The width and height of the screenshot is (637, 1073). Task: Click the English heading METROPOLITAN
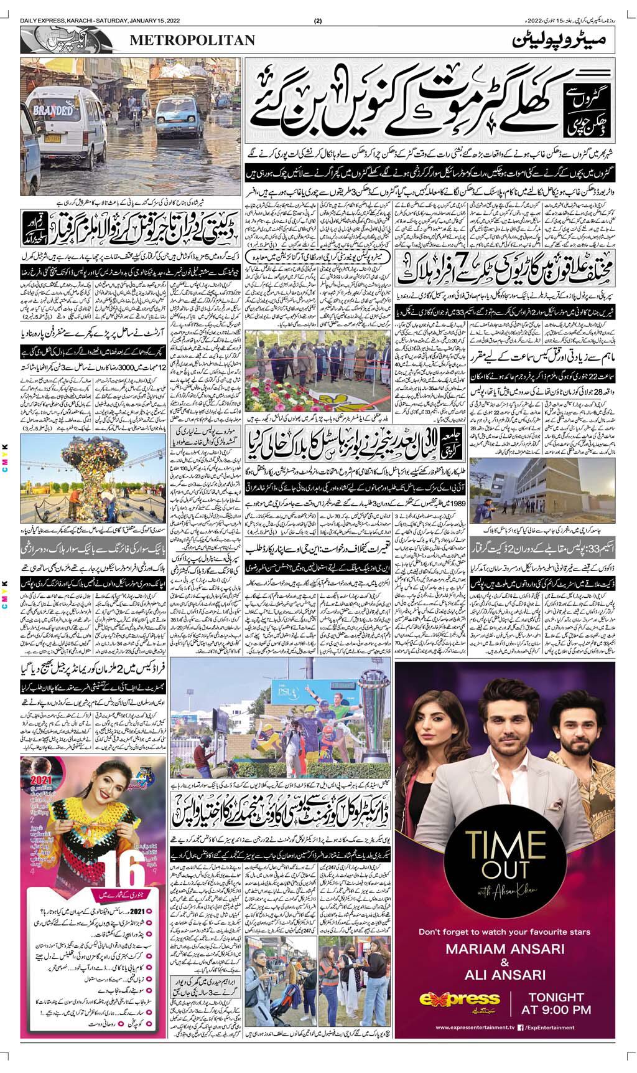pyautogui.click(x=193, y=40)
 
